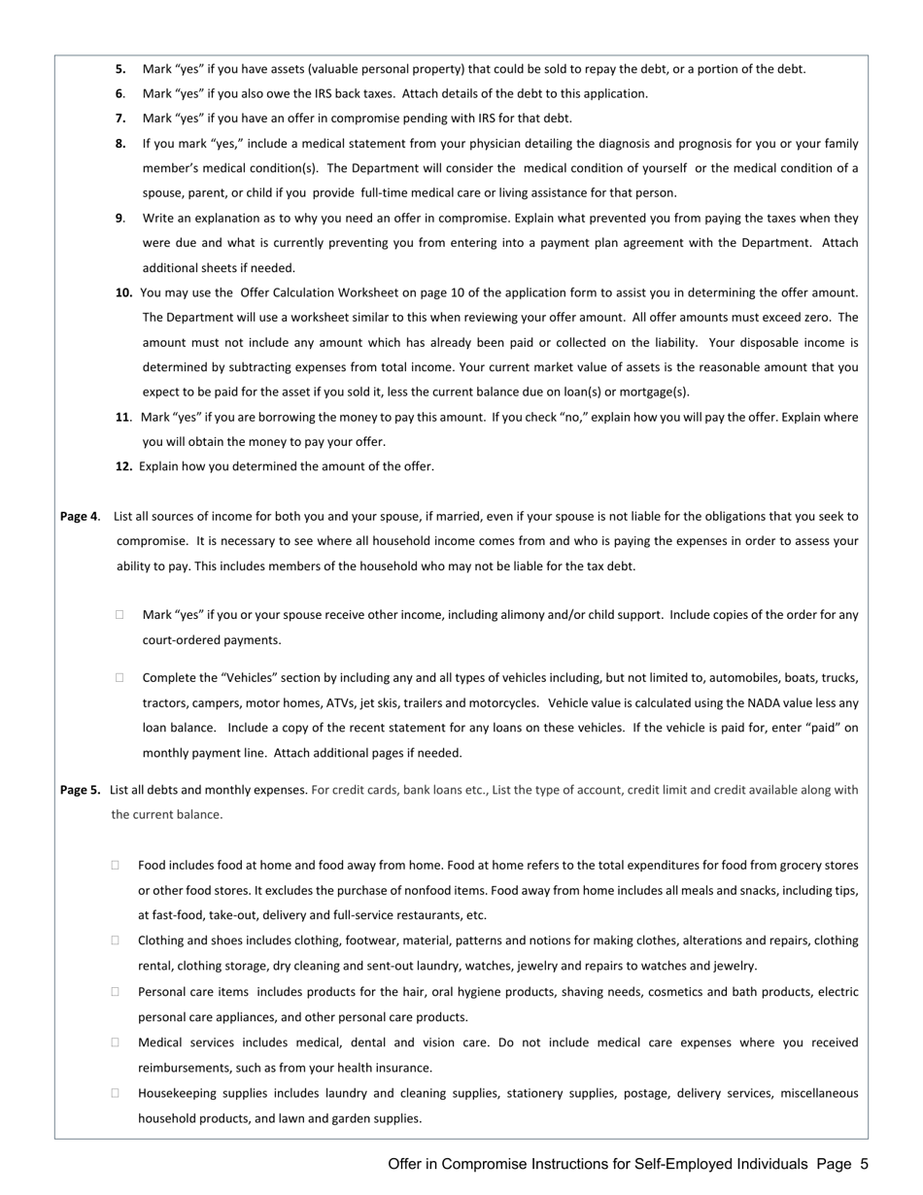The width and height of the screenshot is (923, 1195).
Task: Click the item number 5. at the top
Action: [120, 69]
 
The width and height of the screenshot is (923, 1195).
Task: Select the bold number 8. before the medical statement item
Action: [120, 144]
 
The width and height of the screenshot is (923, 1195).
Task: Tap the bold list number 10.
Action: [124, 292]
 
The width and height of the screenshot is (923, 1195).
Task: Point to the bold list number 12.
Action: [124, 466]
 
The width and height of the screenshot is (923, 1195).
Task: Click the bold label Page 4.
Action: [80, 517]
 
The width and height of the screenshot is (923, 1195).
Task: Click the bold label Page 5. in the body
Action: [80, 790]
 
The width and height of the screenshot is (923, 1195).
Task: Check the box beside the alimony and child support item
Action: [120, 615]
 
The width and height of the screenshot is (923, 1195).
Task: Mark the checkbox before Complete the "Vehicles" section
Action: [120, 678]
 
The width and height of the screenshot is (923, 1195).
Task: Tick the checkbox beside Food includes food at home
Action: [116, 865]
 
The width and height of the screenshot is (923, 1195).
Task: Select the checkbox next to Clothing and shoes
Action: [116, 940]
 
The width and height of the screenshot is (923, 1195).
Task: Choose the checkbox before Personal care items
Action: [116, 992]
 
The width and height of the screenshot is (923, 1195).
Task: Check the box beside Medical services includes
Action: [116, 1042]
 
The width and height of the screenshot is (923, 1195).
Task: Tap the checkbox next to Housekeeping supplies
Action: [116, 1093]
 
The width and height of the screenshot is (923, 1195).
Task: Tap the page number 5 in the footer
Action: [864, 1164]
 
